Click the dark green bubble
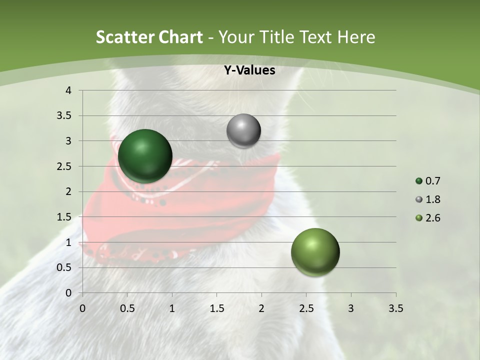coord(145,156)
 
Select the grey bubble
coord(243,131)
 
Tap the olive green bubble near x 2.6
coord(315,252)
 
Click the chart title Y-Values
coord(249,70)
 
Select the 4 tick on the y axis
coord(68,90)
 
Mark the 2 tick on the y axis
coord(68,191)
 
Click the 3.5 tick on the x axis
coord(395,308)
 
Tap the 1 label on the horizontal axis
coord(172,308)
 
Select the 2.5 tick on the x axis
coord(306,308)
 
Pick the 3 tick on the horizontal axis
coord(351,308)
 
